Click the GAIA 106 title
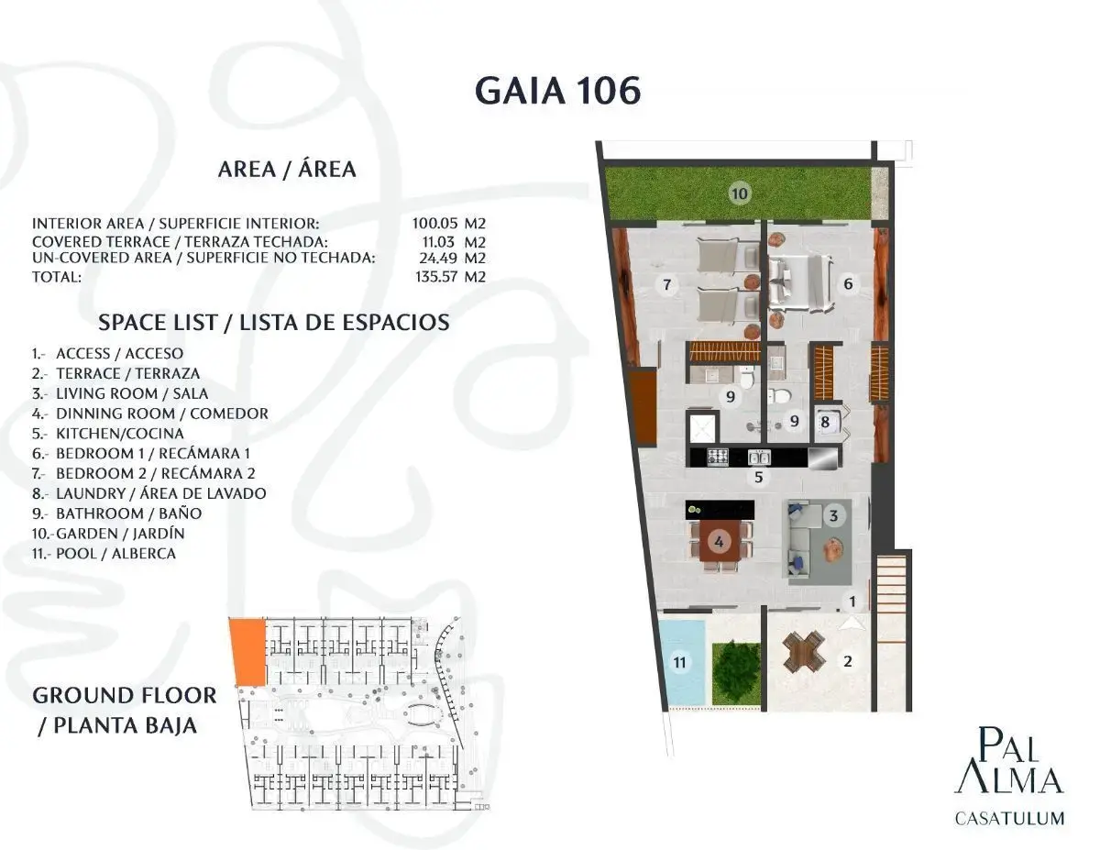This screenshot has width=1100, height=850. (x=558, y=91)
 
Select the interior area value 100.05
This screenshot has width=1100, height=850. (x=434, y=223)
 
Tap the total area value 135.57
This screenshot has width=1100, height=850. (x=436, y=277)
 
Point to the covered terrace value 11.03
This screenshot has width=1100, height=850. (x=438, y=242)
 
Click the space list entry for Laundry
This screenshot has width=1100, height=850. (x=148, y=493)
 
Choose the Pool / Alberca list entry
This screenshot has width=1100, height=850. (x=104, y=553)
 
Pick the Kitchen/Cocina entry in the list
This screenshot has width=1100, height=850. (x=108, y=434)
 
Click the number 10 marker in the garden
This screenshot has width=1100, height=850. (x=740, y=193)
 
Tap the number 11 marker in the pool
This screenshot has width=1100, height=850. (x=679, y=662)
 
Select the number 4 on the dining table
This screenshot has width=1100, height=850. (x=719, y=542)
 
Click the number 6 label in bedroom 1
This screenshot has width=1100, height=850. (x=848, y=284)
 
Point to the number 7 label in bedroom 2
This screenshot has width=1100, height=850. (x=666, y=284)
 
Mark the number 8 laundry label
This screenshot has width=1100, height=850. (x=825, y=422)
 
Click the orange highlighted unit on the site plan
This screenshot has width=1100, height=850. (x=247, y=652)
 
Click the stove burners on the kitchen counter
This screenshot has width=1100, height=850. (x=718, y=457)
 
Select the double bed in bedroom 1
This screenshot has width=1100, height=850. (x=801, y=284)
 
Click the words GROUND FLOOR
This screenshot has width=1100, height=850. (x=125, y=695)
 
